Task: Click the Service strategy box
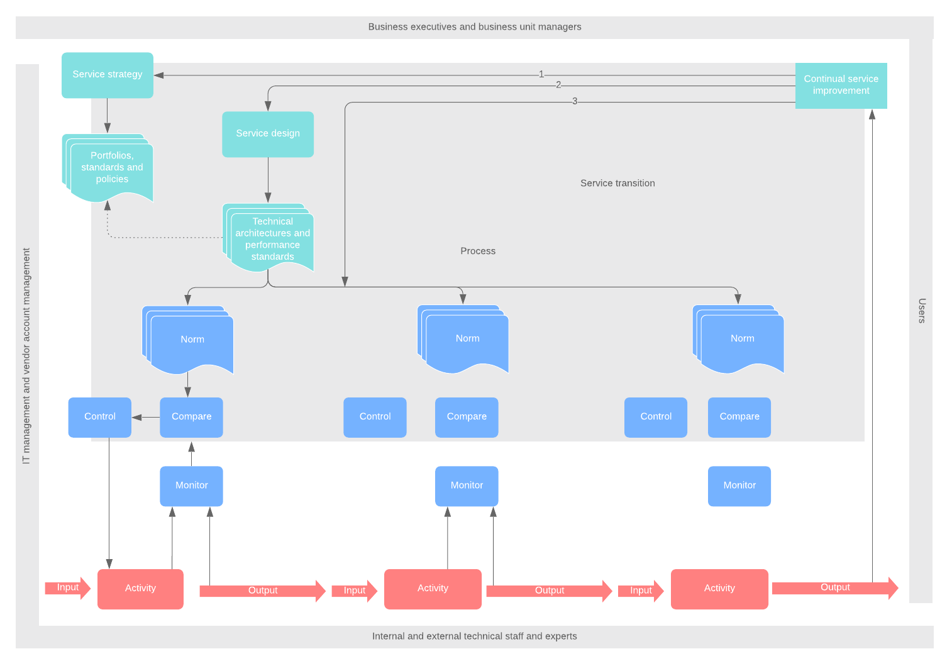[x=108, y=75]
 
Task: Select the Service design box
[x=268, y=134]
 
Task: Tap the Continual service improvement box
[x=841, y=86]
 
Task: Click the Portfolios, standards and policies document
[x=111, y=168]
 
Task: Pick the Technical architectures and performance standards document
[x=272, y=239]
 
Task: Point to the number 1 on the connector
[x=541, y=74]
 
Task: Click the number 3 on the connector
[x=575, y=101]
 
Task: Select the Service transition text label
[x=617, y=183]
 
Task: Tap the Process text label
[x=478, y=251]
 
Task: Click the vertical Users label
[x=921, y=311]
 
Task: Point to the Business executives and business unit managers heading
[x=475, y=27]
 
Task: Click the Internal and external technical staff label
[x=475, y=636]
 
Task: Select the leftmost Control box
[x=100, y=417]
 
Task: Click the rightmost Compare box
[x=739, y=417]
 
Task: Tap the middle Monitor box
[x=467, y=486]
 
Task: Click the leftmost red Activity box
[x=140, y=589]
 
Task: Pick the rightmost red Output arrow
[x=834, y=588]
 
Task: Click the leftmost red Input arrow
[x=67, y=588]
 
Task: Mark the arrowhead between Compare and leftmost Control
[x=137, y=417]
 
